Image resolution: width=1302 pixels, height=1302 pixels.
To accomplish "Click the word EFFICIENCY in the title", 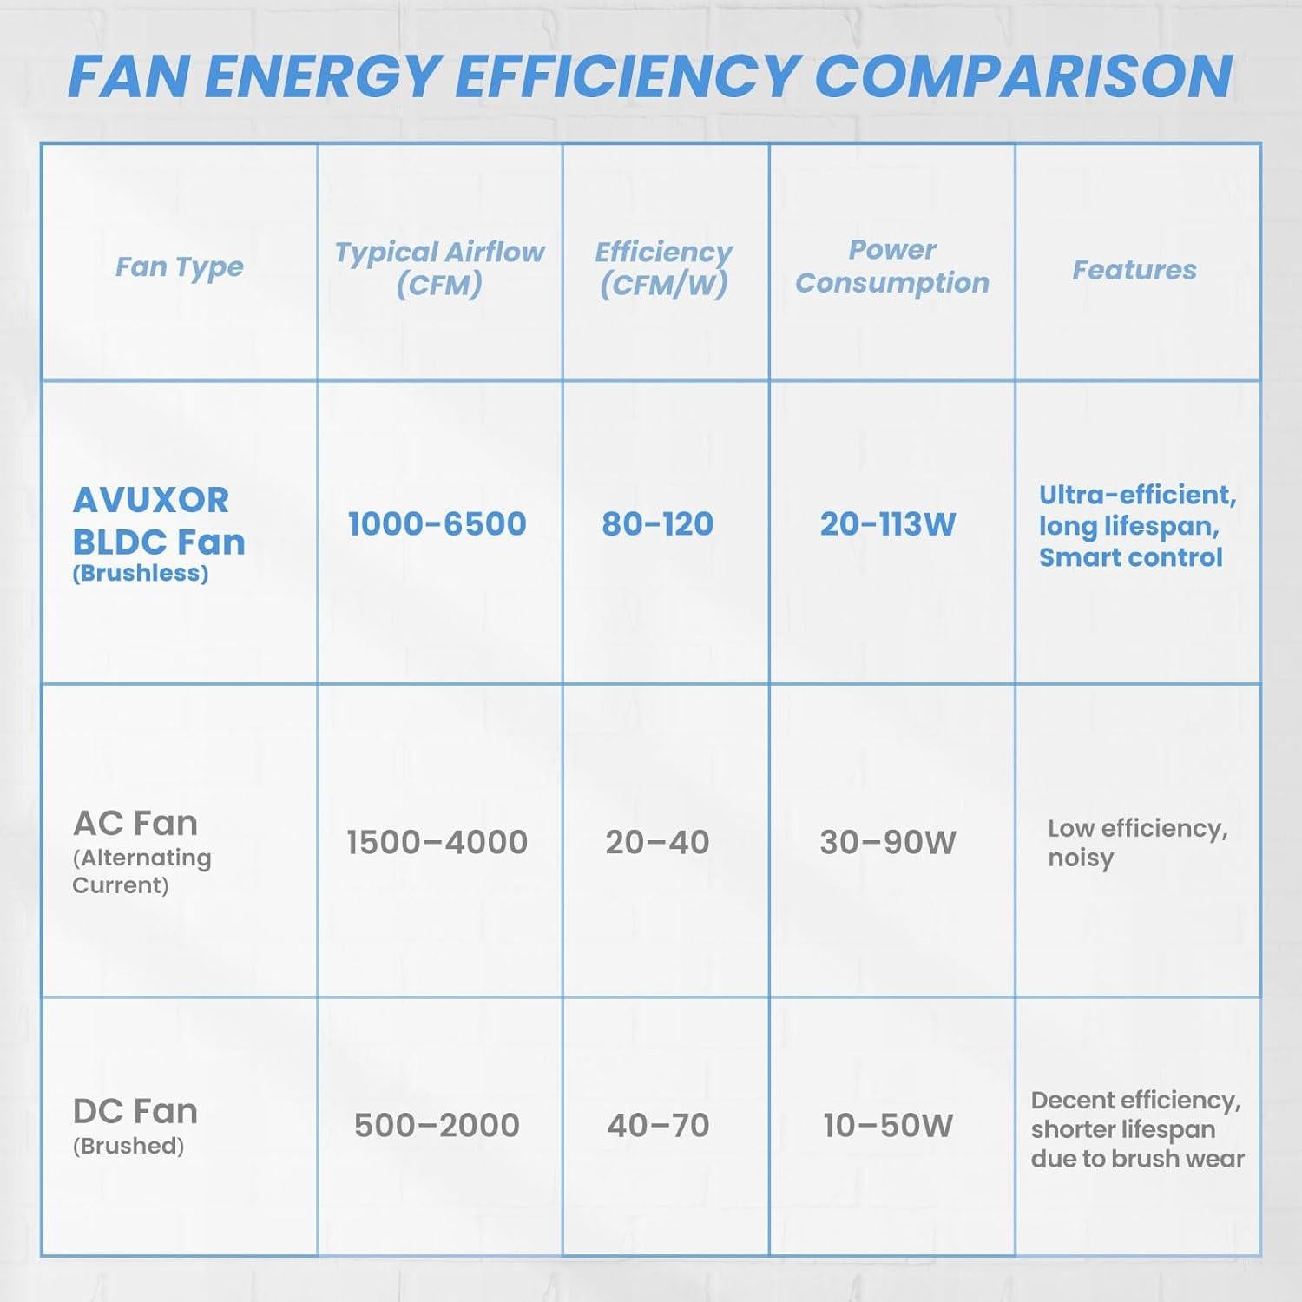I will pyautogui.click(x=626, y=76).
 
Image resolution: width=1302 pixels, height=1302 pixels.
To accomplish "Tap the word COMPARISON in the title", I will pyautogui.click(x=1024, y=76).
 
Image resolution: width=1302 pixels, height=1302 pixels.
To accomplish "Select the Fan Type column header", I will pyautogui.click(x=179, y=266).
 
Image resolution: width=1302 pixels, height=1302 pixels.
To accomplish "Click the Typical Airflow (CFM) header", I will pyautogui.click(x=439, y=268).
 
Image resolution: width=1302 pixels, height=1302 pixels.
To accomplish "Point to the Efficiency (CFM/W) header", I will pyautogui.click(x=664, y=268).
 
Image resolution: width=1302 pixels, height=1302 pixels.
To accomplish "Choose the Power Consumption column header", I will pyautogui.click(x=891, y=266).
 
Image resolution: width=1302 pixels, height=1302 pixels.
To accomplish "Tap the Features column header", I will pyautogui.click(x=1134, y=270).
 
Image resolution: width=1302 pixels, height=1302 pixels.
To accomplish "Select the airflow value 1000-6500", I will pyautogui.click(x=437, y=524).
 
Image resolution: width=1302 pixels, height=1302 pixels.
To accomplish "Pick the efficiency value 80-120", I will pyautogui.click(x=658, y=524).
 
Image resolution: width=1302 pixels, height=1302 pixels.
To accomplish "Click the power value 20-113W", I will pyautogui.click(x=888, y=524).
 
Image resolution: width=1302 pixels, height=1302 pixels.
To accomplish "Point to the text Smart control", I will pyautogui.click(x=1130, y=557).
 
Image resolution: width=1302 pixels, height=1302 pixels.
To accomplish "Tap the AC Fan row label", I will pyautogui.click(x=136, y=823).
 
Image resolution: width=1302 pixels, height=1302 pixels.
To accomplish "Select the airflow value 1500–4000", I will pyautogui.click(x=437, y=842).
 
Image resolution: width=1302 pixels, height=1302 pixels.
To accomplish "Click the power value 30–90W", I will pyautogui.click(x=888, y=842).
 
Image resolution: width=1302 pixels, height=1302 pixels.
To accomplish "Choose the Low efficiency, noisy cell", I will pyautogui.click(x=1137, y=842).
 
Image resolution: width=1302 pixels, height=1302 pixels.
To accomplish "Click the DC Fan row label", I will pyautogui.click(x=135, y=1112).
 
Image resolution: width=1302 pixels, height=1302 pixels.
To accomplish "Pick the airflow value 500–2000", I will pyautogui.click(x=437, y=1125).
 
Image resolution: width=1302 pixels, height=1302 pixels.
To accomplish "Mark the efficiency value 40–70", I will pyautogui.click(x=658, y=1125).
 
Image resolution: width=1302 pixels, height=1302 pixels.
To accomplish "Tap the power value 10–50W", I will pyautogui.click(x=888, y=1125).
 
